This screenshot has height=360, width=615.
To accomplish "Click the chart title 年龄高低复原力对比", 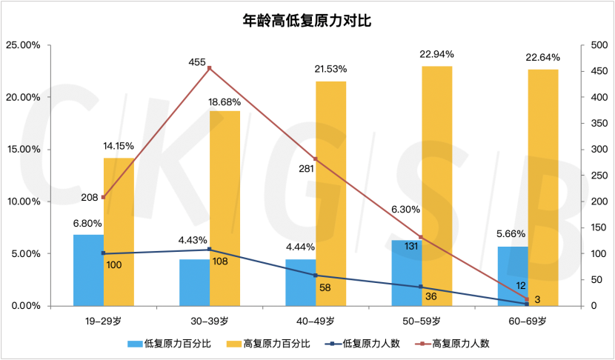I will pos(307,21).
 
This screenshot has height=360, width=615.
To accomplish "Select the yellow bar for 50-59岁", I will pos(437,185).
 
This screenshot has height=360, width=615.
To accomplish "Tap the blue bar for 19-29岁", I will pos(88,270).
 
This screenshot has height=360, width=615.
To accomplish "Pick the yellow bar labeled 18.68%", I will pos(225,207).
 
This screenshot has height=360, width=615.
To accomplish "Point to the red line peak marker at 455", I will pos(210,68).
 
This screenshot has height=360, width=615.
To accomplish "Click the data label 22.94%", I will pos(436,55).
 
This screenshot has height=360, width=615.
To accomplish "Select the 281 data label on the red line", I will pos(306,168).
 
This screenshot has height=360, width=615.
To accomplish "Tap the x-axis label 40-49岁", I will pos(316,321).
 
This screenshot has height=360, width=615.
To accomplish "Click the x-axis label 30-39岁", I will pos(210,321).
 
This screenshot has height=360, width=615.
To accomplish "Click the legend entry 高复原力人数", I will pos(460,344).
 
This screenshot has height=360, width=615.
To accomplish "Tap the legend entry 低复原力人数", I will pos(368,344).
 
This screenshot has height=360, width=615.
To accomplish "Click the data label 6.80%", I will pos(87,223).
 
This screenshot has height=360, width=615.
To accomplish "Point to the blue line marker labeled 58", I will pos(316,276).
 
